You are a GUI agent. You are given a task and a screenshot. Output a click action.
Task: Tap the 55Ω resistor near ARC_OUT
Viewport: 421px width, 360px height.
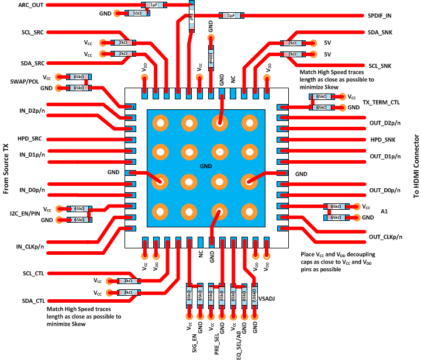[x=137, y=13]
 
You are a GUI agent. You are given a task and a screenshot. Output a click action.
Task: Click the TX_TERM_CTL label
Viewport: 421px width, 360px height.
[x=386, y=102]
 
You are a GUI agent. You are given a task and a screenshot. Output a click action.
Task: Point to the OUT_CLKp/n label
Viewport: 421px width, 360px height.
[x=386, y=236]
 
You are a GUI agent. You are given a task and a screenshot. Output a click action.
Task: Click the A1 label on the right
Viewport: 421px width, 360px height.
[x=384, y=212]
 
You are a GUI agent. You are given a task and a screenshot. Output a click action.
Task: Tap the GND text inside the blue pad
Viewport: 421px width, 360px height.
[x=204, y=167]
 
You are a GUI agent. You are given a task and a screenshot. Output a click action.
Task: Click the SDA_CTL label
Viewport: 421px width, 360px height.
[x=33, y=301]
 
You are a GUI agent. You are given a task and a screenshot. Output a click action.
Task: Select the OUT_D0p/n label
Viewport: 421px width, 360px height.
[x=386, y=191]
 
